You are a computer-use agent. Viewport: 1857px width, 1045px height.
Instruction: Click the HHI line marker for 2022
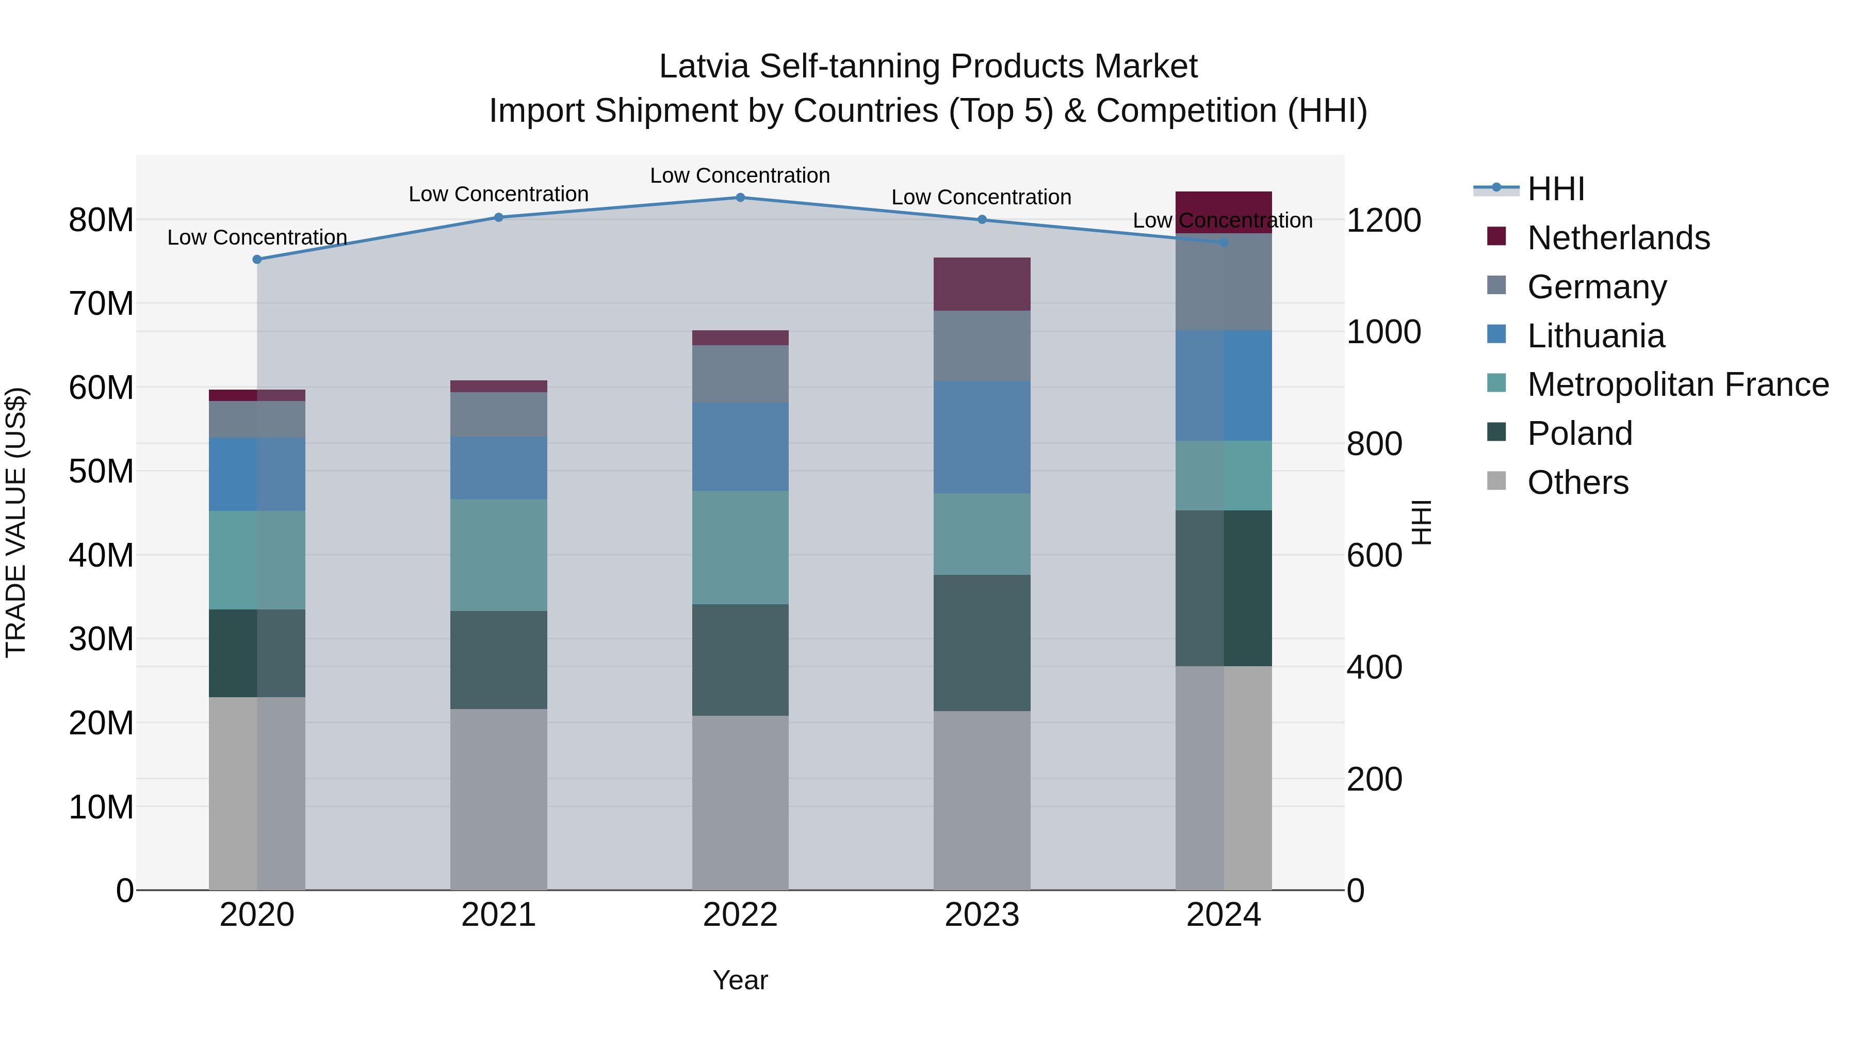coord(740,198)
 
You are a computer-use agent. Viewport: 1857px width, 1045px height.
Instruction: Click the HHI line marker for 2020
coord(257,260)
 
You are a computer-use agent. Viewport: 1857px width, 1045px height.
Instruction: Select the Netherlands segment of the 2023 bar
coord(981,284)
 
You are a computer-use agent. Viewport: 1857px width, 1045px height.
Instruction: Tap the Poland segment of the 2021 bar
coord(498,660)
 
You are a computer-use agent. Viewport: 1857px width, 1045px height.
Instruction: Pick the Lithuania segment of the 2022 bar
coord(740,446)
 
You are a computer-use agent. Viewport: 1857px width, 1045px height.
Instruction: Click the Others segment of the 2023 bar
coord(981,800)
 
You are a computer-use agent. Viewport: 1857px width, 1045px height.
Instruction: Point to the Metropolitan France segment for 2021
coord(498,555)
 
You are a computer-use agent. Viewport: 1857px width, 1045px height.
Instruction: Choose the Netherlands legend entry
coord(1618,238)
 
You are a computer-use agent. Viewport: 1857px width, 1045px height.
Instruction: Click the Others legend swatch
coord(1496,481)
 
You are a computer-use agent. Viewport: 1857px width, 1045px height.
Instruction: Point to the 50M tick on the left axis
coord(101,472)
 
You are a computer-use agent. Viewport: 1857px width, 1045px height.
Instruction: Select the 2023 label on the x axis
coord(981,915)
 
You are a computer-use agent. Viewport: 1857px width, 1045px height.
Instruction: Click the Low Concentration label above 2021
coord(498,194)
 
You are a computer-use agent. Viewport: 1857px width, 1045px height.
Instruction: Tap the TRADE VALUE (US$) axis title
coord(16,522)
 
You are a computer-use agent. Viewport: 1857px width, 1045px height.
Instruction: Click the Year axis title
coord(740,980)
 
